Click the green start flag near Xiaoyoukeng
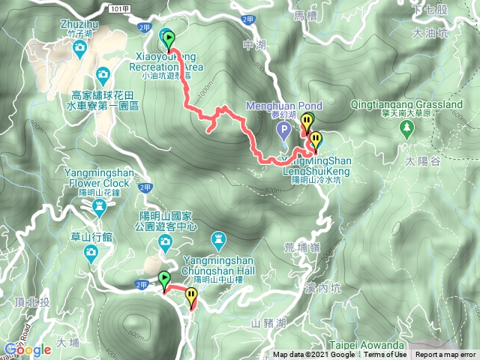tap(168, 38)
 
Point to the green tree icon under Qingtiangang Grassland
tap(407, 128)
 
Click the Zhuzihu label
tap(79, 24)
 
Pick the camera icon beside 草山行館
tap(91, 254)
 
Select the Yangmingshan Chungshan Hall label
tap(218, 265)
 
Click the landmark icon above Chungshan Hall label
tap(219, 240)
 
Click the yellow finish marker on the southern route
tap(191, 295)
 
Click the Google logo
tap(27, 349)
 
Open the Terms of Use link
tap(385, 355)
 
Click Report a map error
tap(445, 355)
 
